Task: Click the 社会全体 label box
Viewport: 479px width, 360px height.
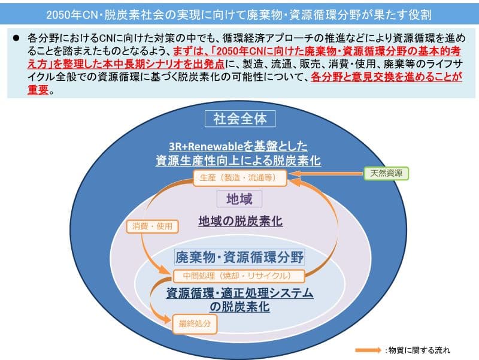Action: click(x=240, y=119)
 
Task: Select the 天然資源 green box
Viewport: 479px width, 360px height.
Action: click(x=386, y=174)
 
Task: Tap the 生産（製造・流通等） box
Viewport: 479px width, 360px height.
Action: click(x=240, y=178)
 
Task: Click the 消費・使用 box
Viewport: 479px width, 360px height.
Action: click(x=152, y=226)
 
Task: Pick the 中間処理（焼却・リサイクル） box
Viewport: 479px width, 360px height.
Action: click(x=239, y=276)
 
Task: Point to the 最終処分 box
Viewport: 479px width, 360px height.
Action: click(x=195, y=324)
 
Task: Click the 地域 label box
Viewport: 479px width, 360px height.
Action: click(x=239, y=199)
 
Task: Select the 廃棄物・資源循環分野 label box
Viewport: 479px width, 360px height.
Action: click(x=239, y=258)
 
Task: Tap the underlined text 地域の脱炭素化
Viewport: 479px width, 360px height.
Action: click(x=241, y=221)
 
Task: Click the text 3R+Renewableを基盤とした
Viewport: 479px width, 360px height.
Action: click(x=238, y=146)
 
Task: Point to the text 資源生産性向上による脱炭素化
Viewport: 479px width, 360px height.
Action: click(x=238, y=161)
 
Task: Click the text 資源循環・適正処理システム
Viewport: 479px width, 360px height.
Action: click(x=240, y=293)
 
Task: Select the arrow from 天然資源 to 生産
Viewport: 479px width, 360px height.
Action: click(x=326, y=174)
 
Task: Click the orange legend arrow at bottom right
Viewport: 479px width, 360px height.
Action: click(x=368, y=350)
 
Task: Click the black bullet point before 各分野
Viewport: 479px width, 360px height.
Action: click(x=16, y=38)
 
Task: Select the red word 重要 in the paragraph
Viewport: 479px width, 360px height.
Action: click(x=38, y=90)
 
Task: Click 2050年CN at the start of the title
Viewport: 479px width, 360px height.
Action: click(x=72, y=14)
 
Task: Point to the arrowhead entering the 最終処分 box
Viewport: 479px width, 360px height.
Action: click(x=167, y=320)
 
